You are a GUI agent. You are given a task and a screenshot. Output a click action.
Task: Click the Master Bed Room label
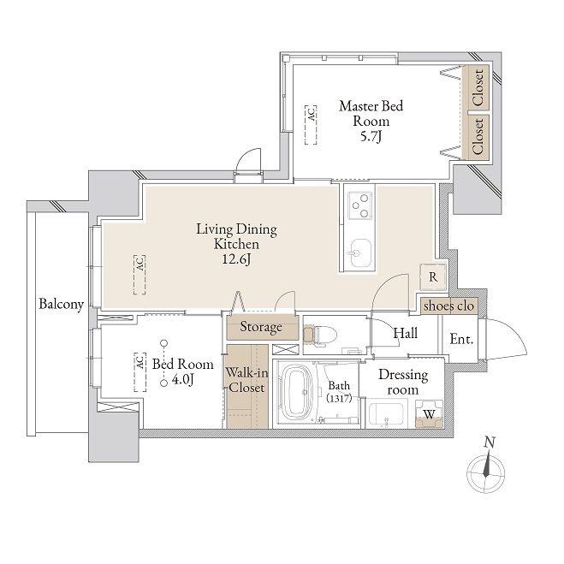tap(371, 113)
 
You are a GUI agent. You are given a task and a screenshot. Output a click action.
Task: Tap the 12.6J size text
tap(236, 259)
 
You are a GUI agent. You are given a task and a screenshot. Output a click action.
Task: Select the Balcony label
tap(61, 305)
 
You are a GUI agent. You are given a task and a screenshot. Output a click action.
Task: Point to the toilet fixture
tap(319, 335)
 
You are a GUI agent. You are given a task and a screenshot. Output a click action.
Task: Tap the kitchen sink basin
tap(359, 252)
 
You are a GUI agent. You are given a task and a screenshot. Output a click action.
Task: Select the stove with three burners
tap(360, 205)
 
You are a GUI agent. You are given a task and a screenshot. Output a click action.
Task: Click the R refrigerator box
tap(433, 277)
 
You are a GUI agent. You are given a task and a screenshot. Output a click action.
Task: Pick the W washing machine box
tap(430, 414)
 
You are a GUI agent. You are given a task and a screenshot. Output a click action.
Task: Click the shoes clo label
tap(448, 306)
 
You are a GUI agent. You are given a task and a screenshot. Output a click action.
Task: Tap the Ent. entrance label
tap(461, 339)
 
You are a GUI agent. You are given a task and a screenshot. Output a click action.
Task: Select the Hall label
tap(406, 334)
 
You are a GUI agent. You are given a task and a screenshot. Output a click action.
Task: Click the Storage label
tap(261, 327)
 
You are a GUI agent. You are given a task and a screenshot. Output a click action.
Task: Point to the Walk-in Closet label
tap(246, 380)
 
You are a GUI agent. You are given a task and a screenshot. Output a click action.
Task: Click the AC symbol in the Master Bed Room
tap(312, 125)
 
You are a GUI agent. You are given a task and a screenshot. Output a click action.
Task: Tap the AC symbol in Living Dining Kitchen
tap(140, 275)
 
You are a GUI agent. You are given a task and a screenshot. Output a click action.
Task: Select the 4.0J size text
tap(183, 379)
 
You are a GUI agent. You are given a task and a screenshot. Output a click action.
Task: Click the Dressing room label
tap(403, 382)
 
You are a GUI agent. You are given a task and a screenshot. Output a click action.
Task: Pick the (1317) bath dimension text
tap(339, 398)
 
